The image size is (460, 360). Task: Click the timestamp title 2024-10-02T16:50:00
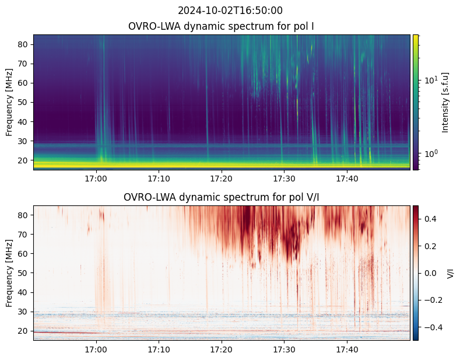coord(230,11)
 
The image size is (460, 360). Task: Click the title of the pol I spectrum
coord(221,26)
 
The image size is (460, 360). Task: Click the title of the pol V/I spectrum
coord(221,197)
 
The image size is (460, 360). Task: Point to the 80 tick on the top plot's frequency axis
coord(23,44)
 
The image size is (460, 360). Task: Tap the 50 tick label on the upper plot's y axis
coord(23,103)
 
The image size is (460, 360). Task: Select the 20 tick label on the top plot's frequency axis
coord(23,160)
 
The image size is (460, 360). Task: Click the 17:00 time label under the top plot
coord(96,179)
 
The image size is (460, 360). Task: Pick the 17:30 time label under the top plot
coord(285,179)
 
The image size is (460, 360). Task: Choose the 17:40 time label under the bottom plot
coord(347,349)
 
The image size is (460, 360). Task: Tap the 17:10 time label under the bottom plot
coord(159,349)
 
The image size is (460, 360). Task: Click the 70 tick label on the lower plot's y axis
coord(23,235)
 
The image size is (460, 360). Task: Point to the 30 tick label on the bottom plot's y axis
coord(23,312)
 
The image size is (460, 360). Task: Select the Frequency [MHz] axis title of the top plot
coord(9,103)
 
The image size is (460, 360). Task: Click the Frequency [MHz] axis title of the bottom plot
coord(9,274)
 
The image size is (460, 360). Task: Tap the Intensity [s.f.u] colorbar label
coord(445,103)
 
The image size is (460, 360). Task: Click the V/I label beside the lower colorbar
coord(450,274)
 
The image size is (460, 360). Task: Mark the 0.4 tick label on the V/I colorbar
coord(430,219)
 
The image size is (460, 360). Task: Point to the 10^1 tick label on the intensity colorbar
coord(431,79)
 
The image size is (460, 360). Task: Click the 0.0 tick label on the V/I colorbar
coord(430,273)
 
